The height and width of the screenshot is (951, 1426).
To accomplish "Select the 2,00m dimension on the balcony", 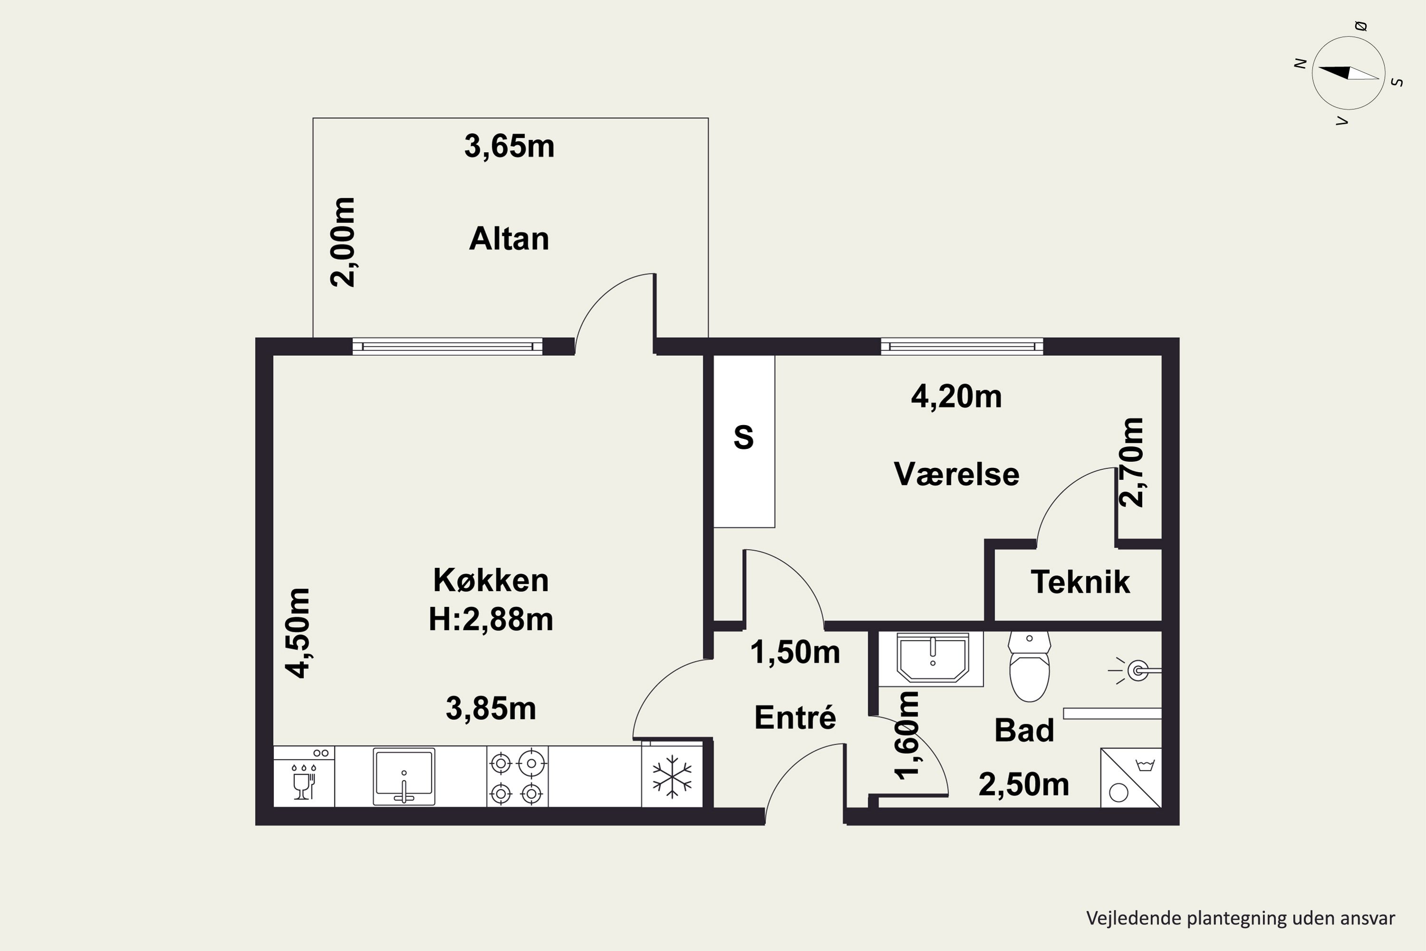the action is click(x=343, y=242).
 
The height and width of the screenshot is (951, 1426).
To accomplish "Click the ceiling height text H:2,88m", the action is click(x=491, y=619).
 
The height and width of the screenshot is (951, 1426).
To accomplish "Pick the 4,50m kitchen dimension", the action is click(x=299, y=632).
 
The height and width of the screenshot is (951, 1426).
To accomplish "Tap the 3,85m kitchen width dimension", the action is click(x=491, y=708).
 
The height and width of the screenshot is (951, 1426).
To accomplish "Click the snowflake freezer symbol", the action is click(x=672, y=776).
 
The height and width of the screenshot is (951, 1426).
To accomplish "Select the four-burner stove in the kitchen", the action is click(x=517, y=776).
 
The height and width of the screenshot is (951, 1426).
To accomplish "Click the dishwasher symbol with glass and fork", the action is click(x=304, y=776).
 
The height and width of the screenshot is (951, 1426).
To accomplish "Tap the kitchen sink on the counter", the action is click(x=404, y=777).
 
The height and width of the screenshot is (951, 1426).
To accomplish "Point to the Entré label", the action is click(x=795, y=718).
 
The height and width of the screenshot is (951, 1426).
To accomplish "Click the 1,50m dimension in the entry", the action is click(x=795, y=652).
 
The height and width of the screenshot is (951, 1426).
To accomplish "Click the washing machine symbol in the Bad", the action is click(x=1131, y=777).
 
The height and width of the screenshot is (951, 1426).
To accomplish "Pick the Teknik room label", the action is click(x=1080, y=582).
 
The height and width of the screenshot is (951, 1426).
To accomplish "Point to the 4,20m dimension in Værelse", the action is click(x=956, y=397).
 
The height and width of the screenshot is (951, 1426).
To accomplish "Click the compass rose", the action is click(x=1349, y=73).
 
